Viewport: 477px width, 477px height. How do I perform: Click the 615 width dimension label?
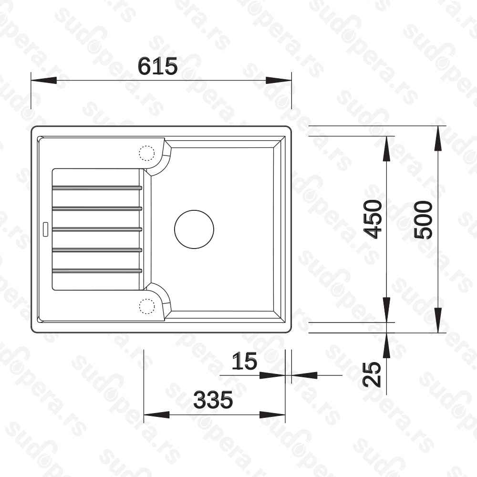tap(157, 66)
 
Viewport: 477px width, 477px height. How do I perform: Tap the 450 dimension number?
tap(373, 219)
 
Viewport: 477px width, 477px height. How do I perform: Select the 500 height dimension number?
tap(424, 219)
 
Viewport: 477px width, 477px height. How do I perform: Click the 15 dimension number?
tap(244, 361)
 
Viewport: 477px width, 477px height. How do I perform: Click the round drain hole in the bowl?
tap(194, 229)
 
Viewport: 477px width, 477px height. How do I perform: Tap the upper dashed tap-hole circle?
tap(146, 153)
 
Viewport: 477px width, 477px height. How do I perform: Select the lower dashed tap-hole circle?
tap(146, 306)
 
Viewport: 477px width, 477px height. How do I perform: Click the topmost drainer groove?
tap(97, 187)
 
